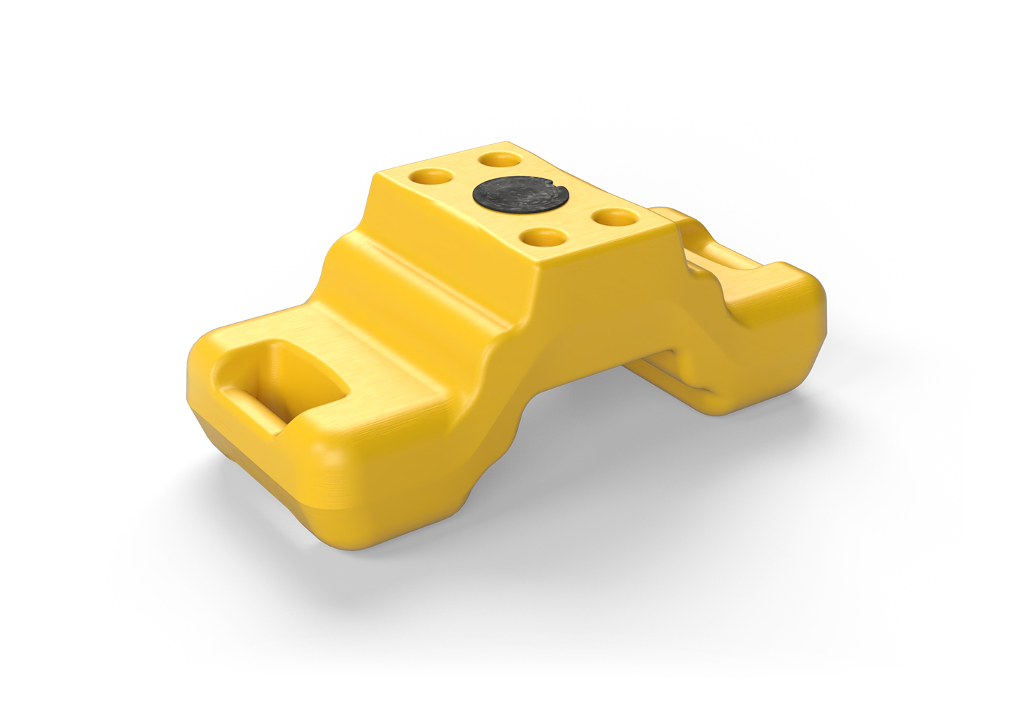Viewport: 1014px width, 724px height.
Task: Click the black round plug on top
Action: click(519, 195)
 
